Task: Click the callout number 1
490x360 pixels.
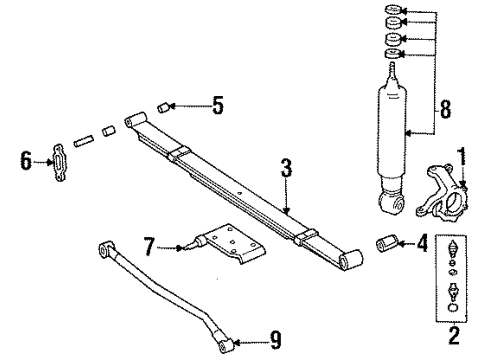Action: pyautogui.click(x=461, y=153)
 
